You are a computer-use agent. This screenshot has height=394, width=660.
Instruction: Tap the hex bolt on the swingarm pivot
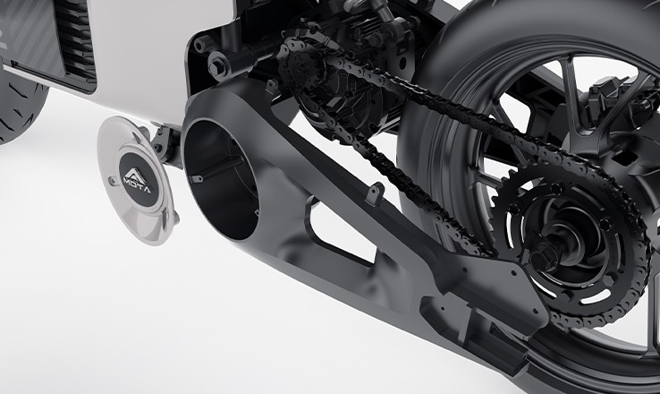click(218, 64)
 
